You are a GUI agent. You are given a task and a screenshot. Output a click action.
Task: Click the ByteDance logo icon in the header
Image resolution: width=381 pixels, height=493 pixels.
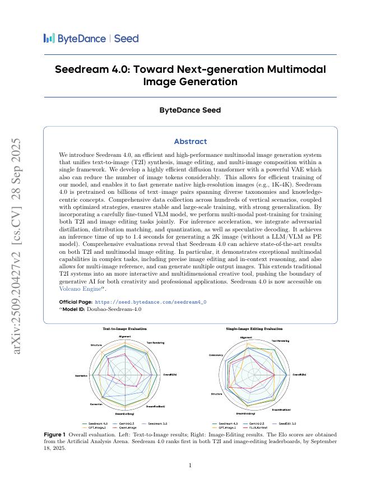click(49, 38)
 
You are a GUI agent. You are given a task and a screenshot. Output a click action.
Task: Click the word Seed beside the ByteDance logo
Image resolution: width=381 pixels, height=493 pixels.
click(126, 39)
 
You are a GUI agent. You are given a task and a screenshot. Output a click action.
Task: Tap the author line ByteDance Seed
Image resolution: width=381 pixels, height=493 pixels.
click(190, 110)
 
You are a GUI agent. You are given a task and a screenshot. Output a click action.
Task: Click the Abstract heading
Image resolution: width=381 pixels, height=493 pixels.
click(190, 142)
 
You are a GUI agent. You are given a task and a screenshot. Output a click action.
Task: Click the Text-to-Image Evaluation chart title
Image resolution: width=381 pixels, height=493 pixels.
click(124, 329)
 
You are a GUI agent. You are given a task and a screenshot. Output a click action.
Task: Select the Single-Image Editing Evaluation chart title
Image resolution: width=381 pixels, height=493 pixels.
click(254, 329)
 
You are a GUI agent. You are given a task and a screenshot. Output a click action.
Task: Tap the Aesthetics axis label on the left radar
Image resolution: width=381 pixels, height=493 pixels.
click(81, 375)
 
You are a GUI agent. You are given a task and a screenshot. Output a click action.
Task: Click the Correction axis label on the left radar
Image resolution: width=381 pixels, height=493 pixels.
click(96, 404)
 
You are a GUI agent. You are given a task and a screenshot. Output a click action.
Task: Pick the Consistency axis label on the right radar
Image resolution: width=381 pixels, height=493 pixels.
click(216, 355)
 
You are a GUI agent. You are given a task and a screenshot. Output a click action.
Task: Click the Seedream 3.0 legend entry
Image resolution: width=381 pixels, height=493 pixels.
click(157, 424)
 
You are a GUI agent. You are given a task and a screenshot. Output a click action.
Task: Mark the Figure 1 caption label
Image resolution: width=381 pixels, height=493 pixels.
click(54, 434)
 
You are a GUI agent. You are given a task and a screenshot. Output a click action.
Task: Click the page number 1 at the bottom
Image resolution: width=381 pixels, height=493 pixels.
click(190, 466)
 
